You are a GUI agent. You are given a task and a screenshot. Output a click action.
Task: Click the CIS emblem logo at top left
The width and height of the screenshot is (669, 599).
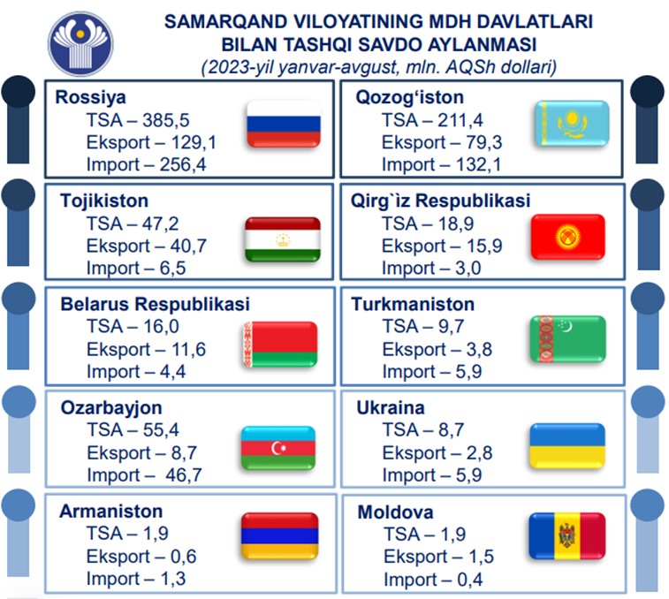(80, 43)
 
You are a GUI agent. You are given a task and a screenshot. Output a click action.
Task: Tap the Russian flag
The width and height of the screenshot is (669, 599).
(284, 125)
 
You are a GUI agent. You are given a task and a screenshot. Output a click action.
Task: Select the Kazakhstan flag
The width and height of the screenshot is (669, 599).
(572, 124)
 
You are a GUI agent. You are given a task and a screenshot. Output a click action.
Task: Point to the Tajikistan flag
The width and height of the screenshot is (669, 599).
(283, 239)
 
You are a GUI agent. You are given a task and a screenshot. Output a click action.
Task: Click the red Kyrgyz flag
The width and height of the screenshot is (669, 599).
(568, 237)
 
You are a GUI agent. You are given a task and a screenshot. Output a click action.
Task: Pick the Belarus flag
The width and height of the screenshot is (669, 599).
(280, 345)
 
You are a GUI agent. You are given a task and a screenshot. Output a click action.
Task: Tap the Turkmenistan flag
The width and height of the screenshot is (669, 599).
(568, 339)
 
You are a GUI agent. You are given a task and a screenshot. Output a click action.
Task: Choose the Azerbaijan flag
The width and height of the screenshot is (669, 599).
(278, 448)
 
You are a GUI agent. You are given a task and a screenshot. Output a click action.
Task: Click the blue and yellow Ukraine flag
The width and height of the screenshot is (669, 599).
(567, 446)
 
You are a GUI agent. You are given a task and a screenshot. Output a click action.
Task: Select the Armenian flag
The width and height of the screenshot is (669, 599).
(280, 536)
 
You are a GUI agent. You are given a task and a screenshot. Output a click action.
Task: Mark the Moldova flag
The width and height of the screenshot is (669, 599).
(567, 536)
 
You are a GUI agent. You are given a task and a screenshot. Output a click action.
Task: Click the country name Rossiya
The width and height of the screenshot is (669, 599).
(90, 97)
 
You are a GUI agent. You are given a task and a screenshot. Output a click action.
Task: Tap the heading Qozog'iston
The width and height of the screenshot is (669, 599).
(409, 97)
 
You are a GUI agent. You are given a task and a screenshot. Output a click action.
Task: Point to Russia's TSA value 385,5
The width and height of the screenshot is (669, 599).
(166, 120)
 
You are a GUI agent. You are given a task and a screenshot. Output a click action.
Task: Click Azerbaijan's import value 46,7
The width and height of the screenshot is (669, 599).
(184, 474)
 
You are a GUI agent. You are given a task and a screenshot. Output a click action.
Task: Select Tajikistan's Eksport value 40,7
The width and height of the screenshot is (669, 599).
(188, 246)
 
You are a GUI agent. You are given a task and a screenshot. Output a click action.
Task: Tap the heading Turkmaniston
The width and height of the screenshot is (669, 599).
(413, 305)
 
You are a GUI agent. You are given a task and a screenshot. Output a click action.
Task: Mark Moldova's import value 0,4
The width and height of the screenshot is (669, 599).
(470, 580)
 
